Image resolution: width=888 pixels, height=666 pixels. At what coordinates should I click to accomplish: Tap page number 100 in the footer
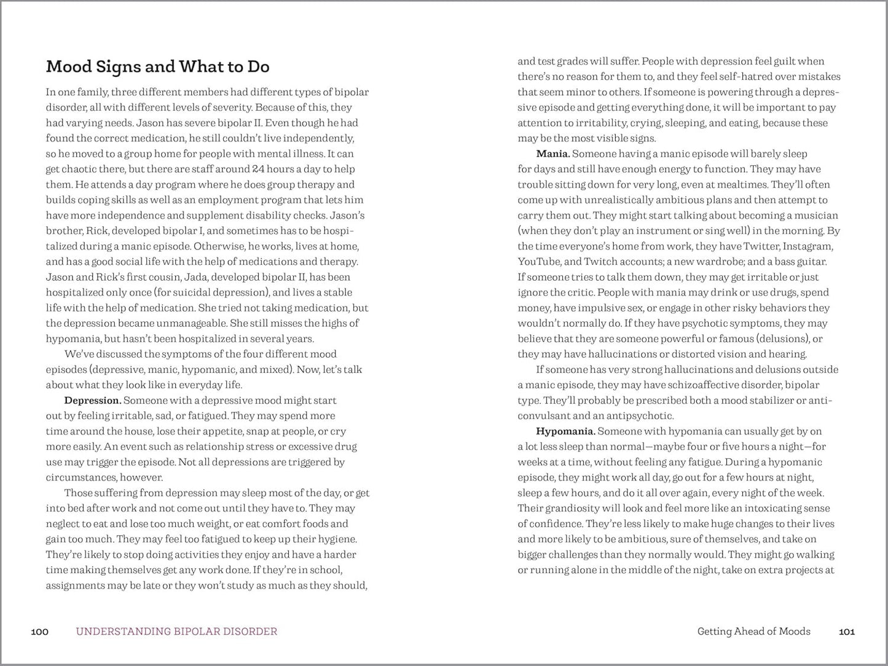point(39,631)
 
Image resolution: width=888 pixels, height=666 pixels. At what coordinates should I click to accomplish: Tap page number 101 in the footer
point(847,631)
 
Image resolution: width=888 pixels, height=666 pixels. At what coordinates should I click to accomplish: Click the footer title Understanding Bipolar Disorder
point(176,631)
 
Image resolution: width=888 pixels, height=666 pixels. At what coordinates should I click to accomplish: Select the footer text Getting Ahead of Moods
point(753,631)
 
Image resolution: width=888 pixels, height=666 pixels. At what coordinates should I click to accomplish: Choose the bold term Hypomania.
point(565,431)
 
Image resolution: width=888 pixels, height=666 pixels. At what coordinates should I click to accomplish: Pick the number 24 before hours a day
point(242,169)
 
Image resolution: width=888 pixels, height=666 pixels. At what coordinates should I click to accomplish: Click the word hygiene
point(337,539)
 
